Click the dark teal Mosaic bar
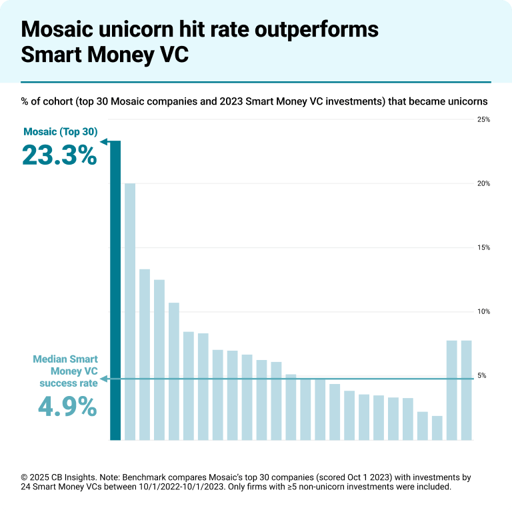115,291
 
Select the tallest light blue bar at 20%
130,311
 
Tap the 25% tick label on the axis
483,120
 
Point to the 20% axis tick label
483,184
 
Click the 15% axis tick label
483,248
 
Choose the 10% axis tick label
483,312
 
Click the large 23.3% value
59,155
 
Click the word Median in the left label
50,359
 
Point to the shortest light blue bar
437,428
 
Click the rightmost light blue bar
467,390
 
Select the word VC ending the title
174,55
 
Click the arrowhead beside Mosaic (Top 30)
105,141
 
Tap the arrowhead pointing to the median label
104,379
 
